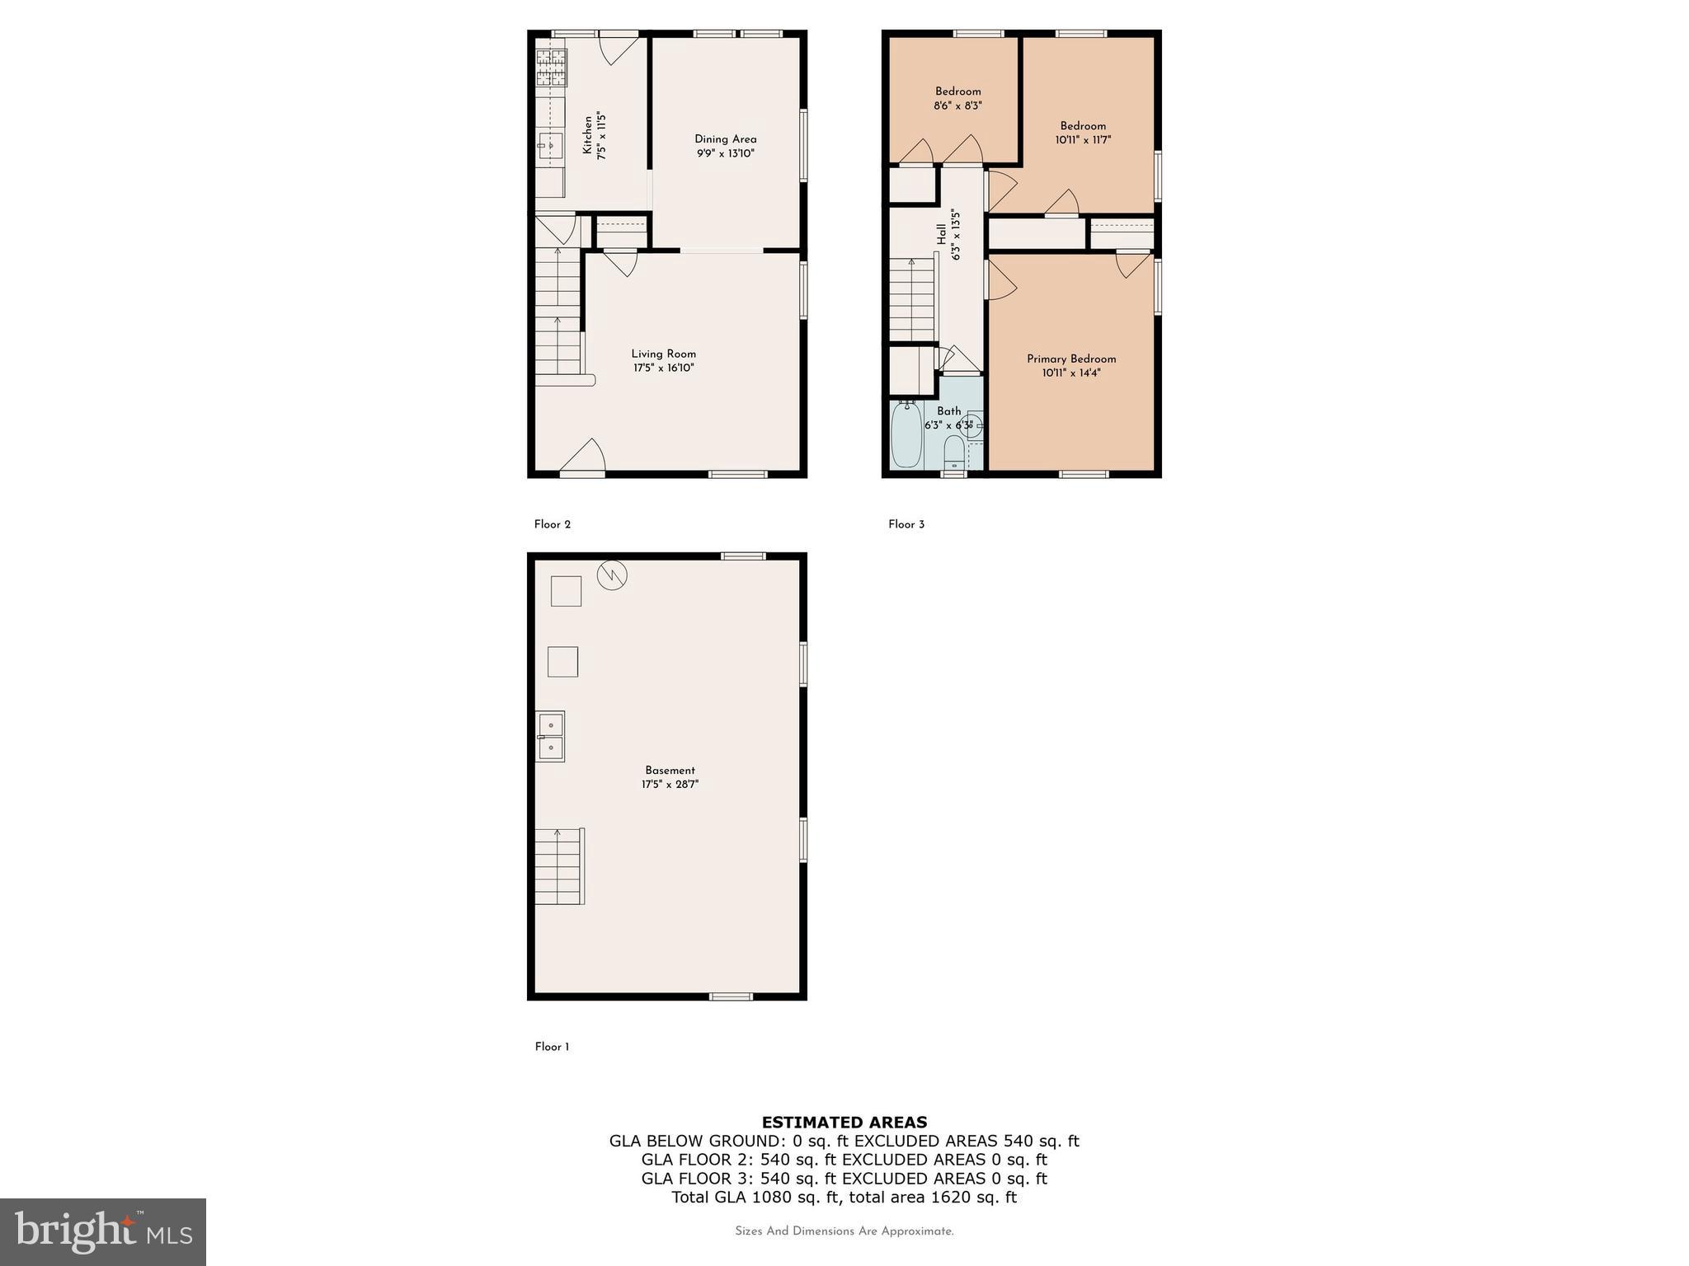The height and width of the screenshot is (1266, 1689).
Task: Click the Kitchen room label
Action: point(587,135)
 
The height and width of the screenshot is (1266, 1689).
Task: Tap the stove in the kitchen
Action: point(552,68)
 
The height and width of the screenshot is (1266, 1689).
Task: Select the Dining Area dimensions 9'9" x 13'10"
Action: point(725,153)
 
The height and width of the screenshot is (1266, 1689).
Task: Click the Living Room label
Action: point(663,354)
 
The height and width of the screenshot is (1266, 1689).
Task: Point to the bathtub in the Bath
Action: point(906,434)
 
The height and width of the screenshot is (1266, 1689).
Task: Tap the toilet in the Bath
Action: point(953,451)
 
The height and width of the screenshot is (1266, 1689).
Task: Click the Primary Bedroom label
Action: point(1070,359)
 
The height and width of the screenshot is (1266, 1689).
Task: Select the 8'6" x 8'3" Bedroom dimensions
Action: point(957,105)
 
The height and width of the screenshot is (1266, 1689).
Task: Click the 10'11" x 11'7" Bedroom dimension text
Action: point(1082,140)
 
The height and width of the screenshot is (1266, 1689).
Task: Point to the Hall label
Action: point(941,233)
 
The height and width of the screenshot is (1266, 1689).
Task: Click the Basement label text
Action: point(670,770)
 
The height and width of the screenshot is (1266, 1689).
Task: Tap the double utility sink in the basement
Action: point(550,736)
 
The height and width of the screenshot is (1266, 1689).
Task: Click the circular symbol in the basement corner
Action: point(611,574)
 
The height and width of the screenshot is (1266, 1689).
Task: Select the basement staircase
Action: point(559,866)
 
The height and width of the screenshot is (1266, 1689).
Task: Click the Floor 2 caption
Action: point(552,524)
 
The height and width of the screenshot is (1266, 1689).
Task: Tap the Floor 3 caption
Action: point(906,524)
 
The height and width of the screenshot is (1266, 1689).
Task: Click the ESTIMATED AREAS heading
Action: point(844,1122)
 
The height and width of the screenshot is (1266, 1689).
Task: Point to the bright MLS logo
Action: point(102,1231)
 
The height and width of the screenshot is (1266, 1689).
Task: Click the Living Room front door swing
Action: point(586,456)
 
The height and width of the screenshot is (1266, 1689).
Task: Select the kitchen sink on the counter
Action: point(550,146)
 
